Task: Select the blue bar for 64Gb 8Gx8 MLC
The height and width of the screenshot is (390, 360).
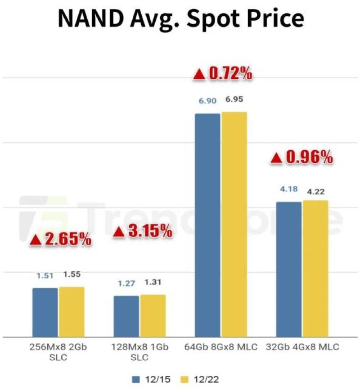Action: pos(207,225)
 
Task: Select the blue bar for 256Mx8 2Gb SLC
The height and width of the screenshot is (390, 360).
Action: pos(45,312)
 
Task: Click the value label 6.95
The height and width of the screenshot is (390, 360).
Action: pos(234,99)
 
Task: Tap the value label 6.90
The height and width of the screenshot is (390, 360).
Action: pos(207,101)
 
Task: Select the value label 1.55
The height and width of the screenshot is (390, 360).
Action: pos(72,274)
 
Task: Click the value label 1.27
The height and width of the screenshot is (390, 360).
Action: pos(126,283)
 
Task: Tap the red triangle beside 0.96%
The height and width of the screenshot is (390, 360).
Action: pos(276,158)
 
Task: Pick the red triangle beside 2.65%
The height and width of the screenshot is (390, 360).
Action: pos(36,241)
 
